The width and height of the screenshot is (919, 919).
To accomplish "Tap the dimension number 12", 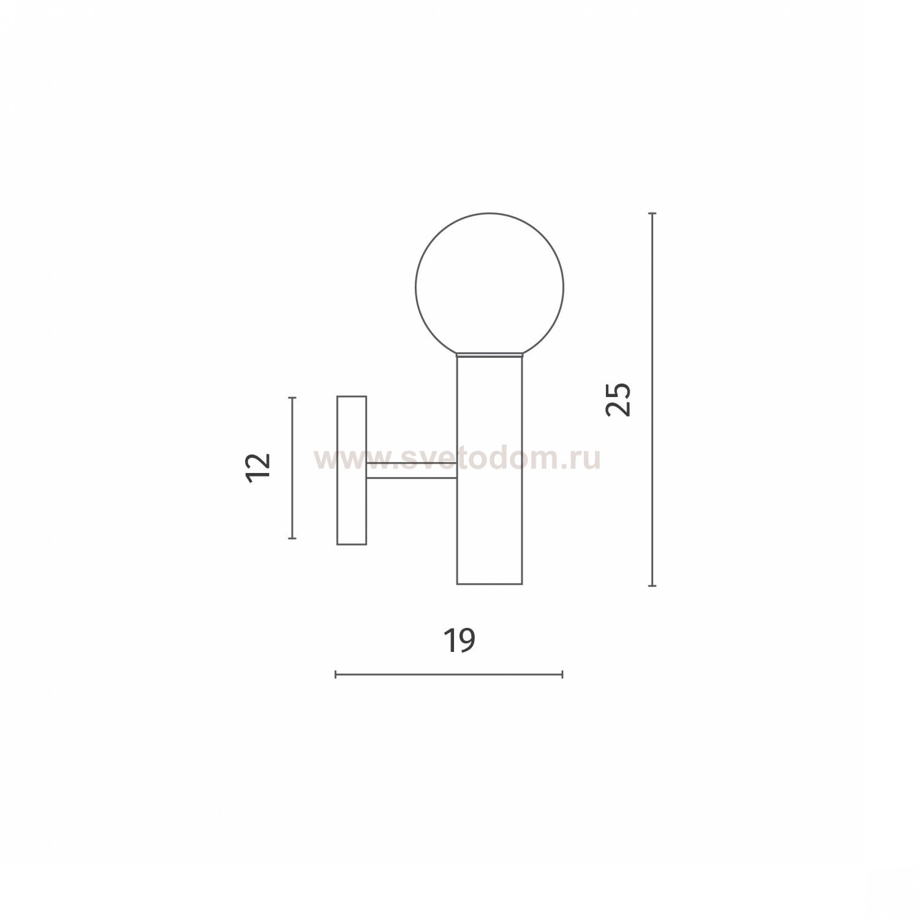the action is [258, 468].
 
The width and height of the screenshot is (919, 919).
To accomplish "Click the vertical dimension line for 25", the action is [652, 399].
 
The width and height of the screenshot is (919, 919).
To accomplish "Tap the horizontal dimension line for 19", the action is [449, 675].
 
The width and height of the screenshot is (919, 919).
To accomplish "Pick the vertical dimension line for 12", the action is [292, 468].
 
